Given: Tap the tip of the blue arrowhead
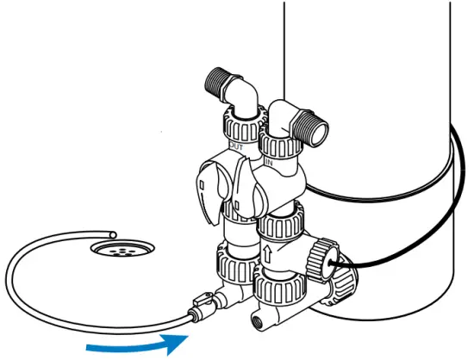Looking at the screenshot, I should click(x=188, y=338).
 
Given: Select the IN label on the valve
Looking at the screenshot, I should click(x=269, y=161).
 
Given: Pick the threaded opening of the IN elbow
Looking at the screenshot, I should click(x=316, y=131).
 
